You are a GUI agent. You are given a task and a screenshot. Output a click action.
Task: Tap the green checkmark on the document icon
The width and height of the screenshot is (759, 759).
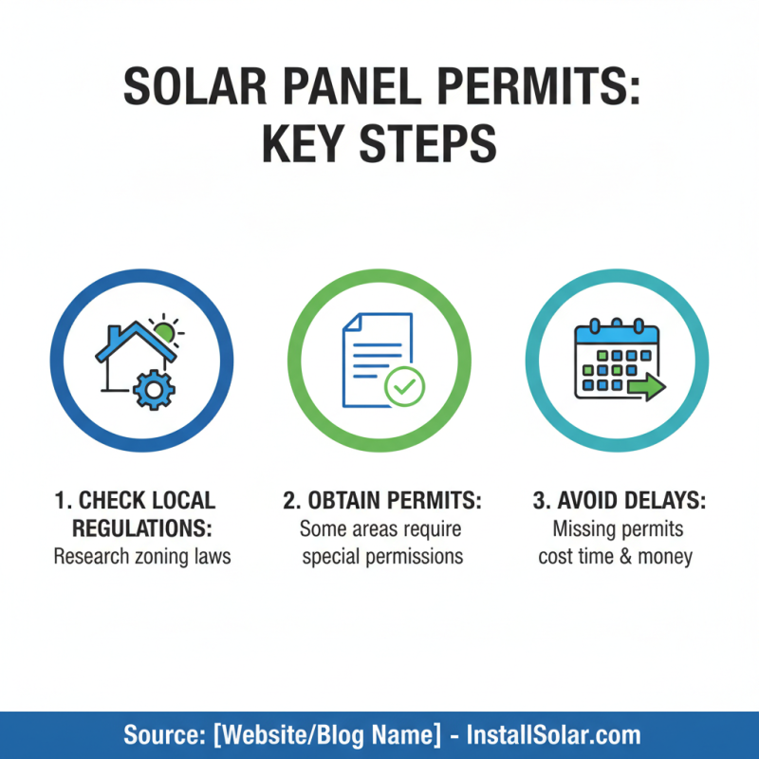405,385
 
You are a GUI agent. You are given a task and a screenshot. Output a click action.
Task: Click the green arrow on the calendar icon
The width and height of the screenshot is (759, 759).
647,386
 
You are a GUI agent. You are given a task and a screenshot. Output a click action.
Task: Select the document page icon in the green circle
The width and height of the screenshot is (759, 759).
375,359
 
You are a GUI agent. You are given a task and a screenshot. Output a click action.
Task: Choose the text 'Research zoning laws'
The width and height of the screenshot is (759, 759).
142,556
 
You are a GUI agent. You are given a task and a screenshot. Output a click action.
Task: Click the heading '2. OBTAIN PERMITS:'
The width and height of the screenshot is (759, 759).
381,500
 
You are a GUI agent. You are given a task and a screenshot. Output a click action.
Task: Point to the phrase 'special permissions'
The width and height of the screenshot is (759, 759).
381,556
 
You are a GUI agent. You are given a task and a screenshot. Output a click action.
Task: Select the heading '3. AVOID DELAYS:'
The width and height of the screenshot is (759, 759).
616,500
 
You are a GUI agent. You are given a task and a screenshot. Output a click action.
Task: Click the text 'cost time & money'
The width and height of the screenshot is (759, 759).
616,556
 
